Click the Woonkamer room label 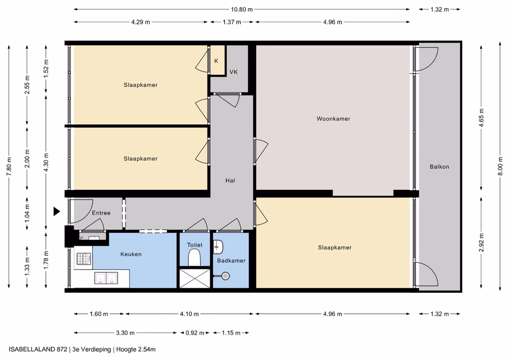pyautogui.click(x=333, y=119)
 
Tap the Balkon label pyautogui.click(x=439, y=167)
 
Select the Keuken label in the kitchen pyautogui.click(x=131, y=254)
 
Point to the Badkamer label pyautogui.click(x=231, y=261)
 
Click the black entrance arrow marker pyautogui.click(x=57, y=212)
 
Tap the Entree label pyautogui.click(x=101, y=213)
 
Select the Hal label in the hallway pyautogui.click(x=230, y=180)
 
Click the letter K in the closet pyautogui.click(x=216, y=61)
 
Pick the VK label pyautogui.click(x=234, y=72)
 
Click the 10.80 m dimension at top pyautogui.click(x=241, y=9)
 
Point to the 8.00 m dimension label pyautogui.click(x=500, y=166)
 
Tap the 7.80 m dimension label pyautogui.click(x=9, y=166)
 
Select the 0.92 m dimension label pyautogui.click(x=195, y=333)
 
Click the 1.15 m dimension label pyautogui.click(x=231, y=333)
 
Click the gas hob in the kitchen pyautogui.click(x=83, y=259)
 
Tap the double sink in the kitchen pyautogui.click(x=106, y=278)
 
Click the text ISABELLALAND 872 pyautogui.click(x=38, y=350)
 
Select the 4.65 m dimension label pyautogui.click(x=482, y=118)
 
